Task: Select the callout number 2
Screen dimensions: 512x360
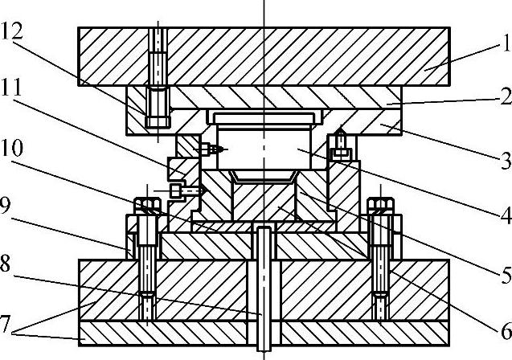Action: pyautogui.click(x=503, y=97)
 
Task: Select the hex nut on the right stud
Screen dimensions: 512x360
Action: pyautogui.click(x=379, y=206)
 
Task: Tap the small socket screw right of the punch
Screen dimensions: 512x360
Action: pyautogui.click(x=342, y=153)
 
